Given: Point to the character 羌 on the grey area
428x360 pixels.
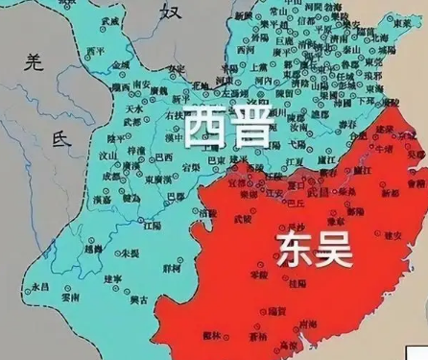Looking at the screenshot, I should point(35,65).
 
